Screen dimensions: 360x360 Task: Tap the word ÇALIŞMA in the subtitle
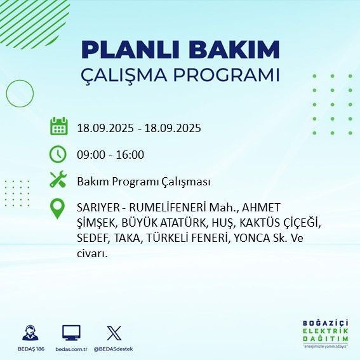coord(128,75)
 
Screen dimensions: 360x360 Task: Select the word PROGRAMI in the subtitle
coord(230,74)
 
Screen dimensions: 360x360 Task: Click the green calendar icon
coord(58,126)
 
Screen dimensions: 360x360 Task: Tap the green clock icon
coord(58,154)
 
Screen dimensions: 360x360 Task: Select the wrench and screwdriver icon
coord(58,180)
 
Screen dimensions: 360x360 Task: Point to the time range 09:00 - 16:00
coord(110,154)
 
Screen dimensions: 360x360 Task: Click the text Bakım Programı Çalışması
coord(143,182)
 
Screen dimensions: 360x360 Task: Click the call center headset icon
coord(29,333)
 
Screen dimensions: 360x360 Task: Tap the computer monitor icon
coord(70,333)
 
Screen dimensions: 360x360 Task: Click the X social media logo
coord(114,333)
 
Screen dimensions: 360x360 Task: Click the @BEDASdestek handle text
coord(114,349)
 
